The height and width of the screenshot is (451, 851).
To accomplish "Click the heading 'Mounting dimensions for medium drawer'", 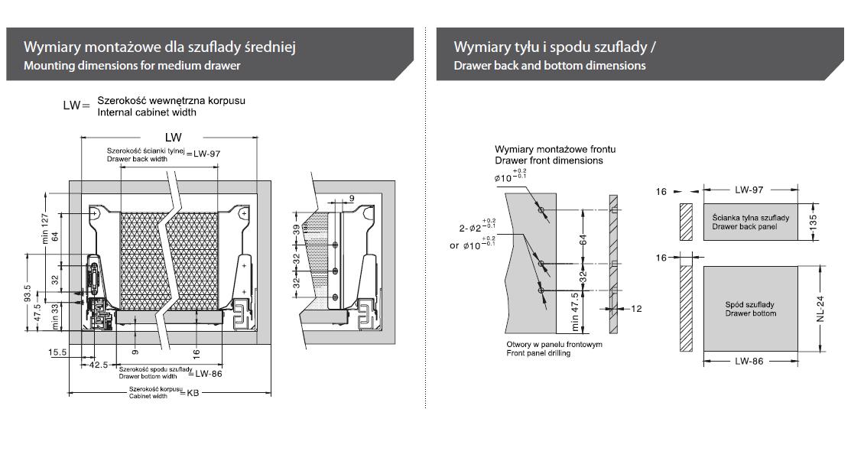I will [x=132, y=66].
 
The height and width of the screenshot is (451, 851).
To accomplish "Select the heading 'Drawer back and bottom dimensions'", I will [x=549, y=66].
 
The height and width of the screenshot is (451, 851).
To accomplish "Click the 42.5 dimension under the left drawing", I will [x=99, y=365].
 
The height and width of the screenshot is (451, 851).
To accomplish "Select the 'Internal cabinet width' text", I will [x=147, y=112].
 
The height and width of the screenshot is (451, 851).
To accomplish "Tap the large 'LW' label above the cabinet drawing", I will [x=173, y=138].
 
